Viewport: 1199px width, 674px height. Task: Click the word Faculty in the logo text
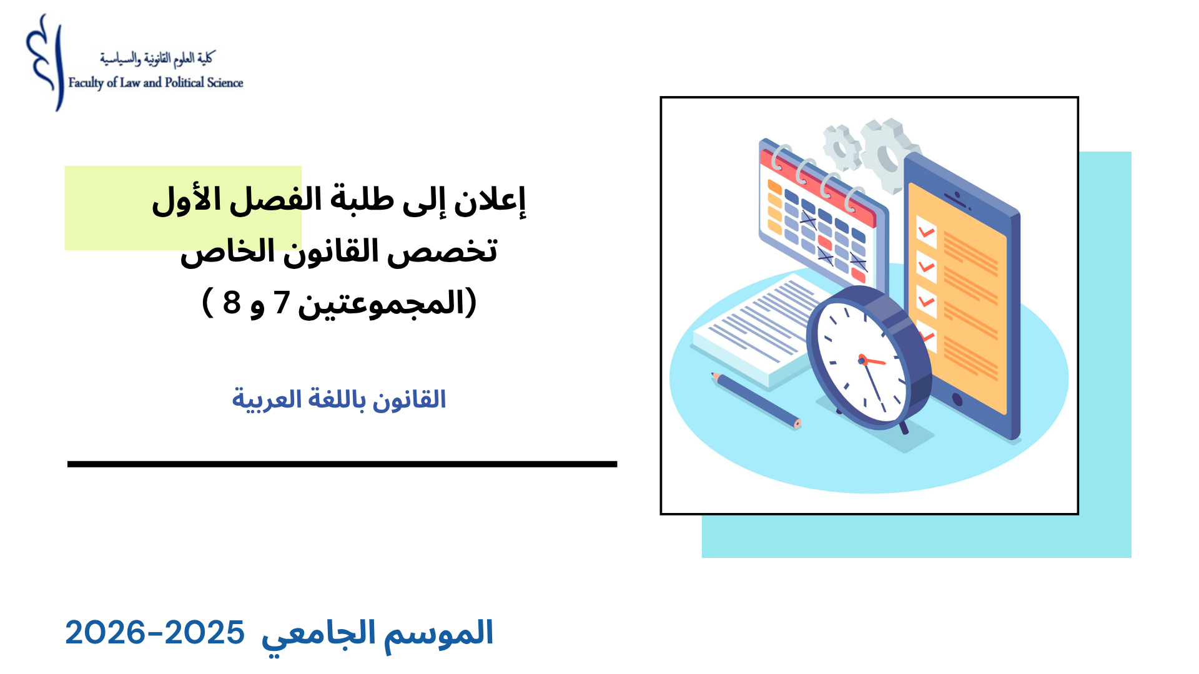pos(86,83)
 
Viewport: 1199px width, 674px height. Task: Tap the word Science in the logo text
pos(225,82)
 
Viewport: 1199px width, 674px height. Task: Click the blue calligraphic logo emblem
pos(45,62)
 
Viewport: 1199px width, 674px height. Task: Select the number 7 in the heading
pos(282,303)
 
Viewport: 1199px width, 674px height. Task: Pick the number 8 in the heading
pos(232,303)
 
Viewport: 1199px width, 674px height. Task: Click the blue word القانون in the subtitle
pos(409,399)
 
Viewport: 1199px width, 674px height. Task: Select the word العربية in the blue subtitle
pos(259,399)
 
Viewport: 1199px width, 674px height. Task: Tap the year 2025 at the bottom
pos(204,633)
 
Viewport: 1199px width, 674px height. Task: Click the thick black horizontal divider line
pos(342,464)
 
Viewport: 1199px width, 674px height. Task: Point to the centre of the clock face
pos(862,360)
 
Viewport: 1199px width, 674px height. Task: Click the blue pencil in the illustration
pos(756,400)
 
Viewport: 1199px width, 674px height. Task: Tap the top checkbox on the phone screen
pos(926,232)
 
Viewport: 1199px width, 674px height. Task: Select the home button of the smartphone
pos(957,399)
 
